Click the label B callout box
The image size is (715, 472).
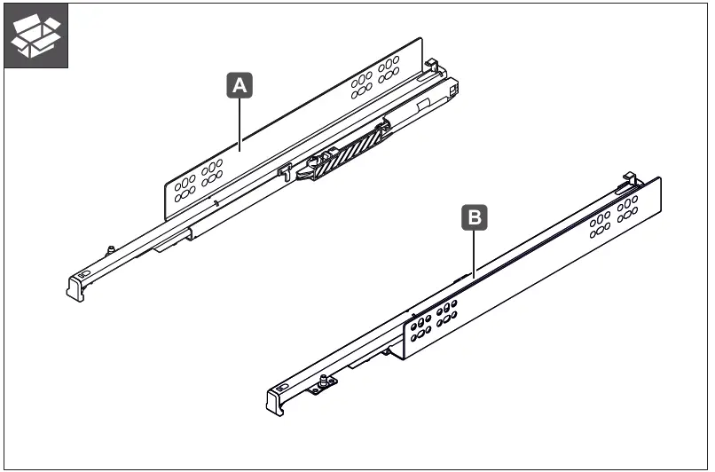[475, 216]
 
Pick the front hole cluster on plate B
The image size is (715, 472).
[432, 321]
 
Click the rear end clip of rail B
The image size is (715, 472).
[629, 179]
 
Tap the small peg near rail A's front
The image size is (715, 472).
[110, 249]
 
